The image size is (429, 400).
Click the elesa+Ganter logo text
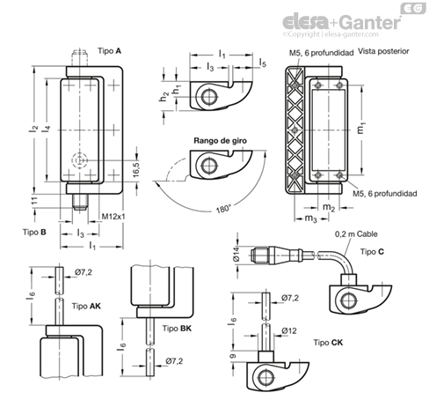pos(342,22)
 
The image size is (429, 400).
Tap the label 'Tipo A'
pos(109,51)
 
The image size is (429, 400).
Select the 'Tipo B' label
pos(34,232)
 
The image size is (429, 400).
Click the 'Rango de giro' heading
pos(220,141)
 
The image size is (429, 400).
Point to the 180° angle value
pos(223,210)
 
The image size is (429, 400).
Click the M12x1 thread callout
pos(113,217)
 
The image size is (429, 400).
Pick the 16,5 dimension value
pos(136,169)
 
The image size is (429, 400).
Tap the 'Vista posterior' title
pos(383,51)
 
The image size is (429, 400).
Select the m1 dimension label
pos(361,128)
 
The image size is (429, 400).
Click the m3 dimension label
pos(311,219)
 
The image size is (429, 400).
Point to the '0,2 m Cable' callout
pos(356,234)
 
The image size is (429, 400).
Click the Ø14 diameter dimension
pos(236,254)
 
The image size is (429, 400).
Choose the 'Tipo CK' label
pos(328,343)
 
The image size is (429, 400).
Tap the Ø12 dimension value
pos(289,331)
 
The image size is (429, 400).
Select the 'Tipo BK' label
pos(177,329)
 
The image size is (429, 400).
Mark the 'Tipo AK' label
pos(86,307)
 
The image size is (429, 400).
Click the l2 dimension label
pos(34,129)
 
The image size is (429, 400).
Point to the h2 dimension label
pos(164,96)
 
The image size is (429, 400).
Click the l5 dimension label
pos(263,63)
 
